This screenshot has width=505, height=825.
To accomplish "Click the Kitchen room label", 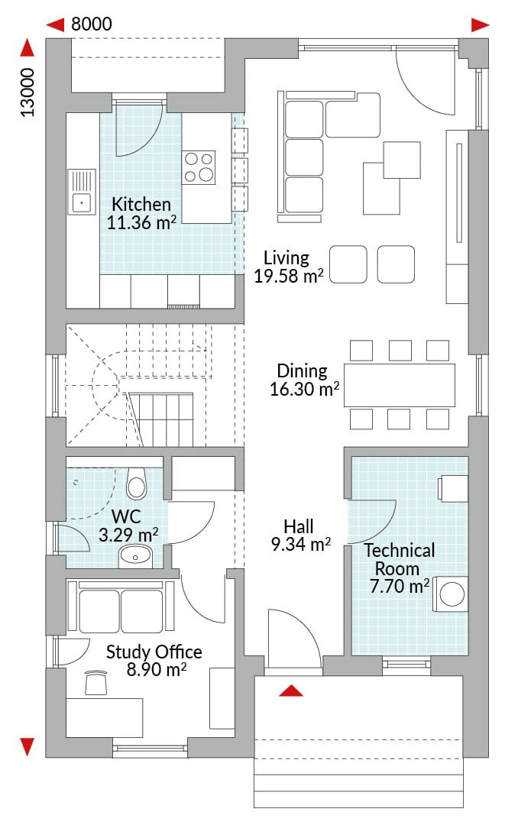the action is [141, 204].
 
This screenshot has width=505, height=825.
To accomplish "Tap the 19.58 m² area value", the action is [288, 276].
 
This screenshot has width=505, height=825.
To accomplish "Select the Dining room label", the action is [302, 371].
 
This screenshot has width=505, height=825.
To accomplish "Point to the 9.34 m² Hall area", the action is [300, 544].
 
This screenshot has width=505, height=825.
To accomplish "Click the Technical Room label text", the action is [400, 559].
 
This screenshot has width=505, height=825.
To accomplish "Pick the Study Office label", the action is [154, 652].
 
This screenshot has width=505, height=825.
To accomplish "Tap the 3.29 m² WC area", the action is [128, 535].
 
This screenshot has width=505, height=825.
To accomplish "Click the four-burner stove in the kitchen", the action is [199, 168].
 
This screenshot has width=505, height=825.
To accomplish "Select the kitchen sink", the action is [82, 192].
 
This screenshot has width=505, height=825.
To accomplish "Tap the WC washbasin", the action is [135, 557].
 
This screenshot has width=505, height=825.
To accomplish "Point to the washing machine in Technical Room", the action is [451, 594].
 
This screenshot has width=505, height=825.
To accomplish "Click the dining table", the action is [400, 384].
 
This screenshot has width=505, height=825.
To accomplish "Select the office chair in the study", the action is [95, 682].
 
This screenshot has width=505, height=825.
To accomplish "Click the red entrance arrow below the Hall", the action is [291, 691].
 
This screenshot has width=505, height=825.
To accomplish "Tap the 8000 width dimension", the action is [92, 24].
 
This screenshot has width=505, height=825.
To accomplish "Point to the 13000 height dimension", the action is [28, 92].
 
